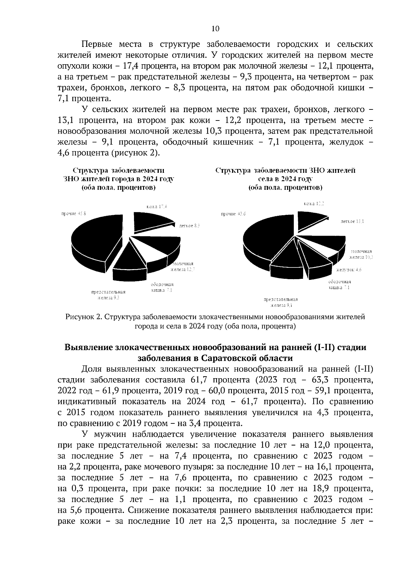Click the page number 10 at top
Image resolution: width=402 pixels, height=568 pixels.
215,29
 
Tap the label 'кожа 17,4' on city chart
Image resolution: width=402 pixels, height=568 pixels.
156,207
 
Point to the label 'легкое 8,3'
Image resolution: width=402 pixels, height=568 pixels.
189,226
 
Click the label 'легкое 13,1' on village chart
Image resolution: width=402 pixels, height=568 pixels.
352,221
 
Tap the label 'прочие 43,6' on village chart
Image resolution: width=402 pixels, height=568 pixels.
233,214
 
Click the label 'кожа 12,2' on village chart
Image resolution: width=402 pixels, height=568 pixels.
314,204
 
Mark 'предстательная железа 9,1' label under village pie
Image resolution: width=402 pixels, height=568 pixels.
281,302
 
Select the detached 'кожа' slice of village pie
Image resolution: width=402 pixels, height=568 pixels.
310,221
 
